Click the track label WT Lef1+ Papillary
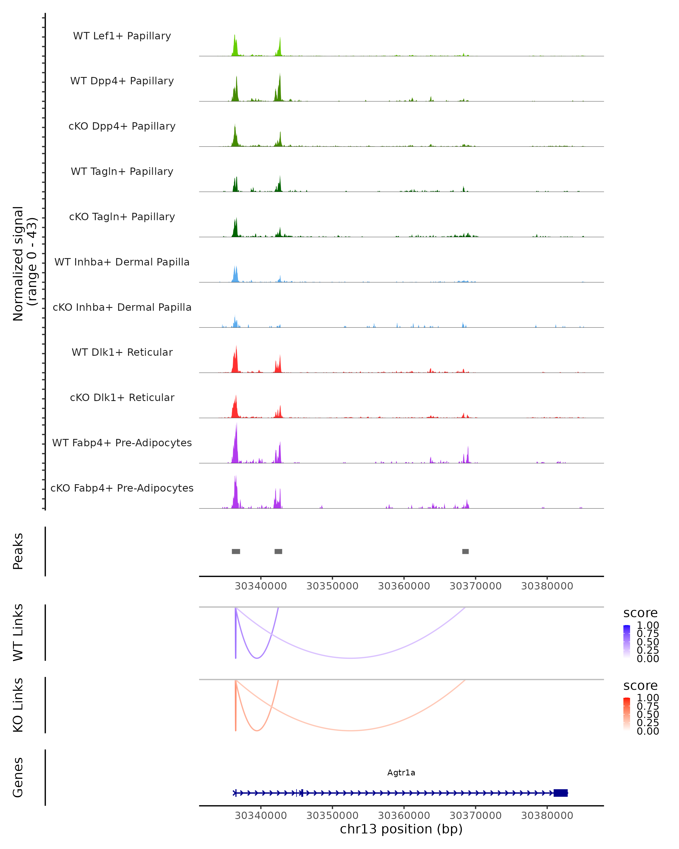[122, 36]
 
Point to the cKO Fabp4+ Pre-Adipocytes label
[122, 488]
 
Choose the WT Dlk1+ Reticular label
[122, 352]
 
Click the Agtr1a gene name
[401, 773]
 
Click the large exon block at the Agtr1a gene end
[560, 793]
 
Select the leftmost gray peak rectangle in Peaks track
[236, 551]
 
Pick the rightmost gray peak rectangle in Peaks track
[465, 551]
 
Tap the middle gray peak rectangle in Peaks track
[278, 551]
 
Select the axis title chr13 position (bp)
[401, 829]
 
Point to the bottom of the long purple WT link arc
[350, 658]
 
